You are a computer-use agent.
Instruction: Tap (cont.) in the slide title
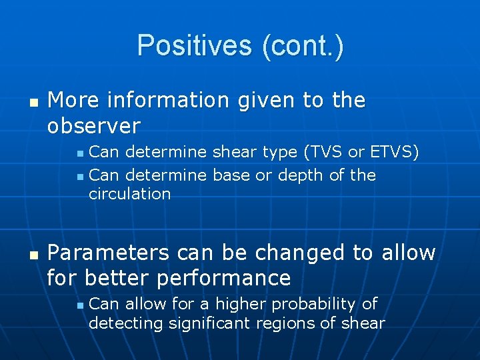point(303,45)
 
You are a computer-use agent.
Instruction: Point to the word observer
point(94,125)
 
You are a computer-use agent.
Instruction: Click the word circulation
point(129,194)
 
